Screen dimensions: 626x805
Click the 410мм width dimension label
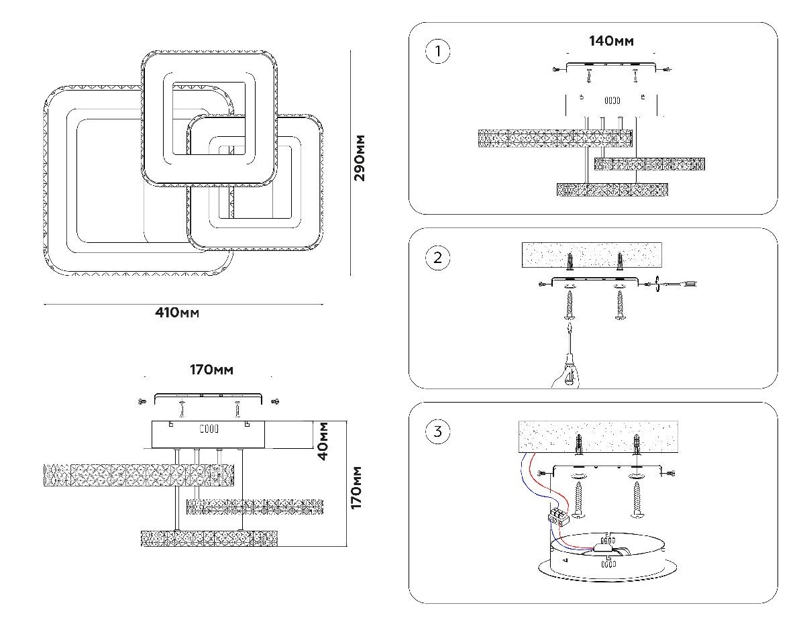pyautogui.click(x=178, y=313)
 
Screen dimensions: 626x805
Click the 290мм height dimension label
pyautogui.click(x=360, y=158)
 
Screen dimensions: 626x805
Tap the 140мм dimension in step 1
pyautogui.click(x=611, y=41)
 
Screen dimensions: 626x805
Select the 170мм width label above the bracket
pyautogui.click(x=211, y=370)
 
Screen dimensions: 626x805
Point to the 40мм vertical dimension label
pyautogui.click(x=323, y=440)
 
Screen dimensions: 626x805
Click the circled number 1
pyautogui.click(x=438, y=52)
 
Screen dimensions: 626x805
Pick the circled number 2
pyautogui.click(x=438, y=258)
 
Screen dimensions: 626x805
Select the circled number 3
pyautogui.click(x=438, y=431)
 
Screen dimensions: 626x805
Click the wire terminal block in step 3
pyautogui.click(x=558, y=516)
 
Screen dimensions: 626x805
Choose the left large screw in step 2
pyautogui.click(x=570, y=306)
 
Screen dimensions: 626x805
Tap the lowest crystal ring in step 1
pyautogui.click(x=613, y=190)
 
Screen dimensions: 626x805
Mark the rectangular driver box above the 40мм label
pyautogui.click(x=208, y=434)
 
